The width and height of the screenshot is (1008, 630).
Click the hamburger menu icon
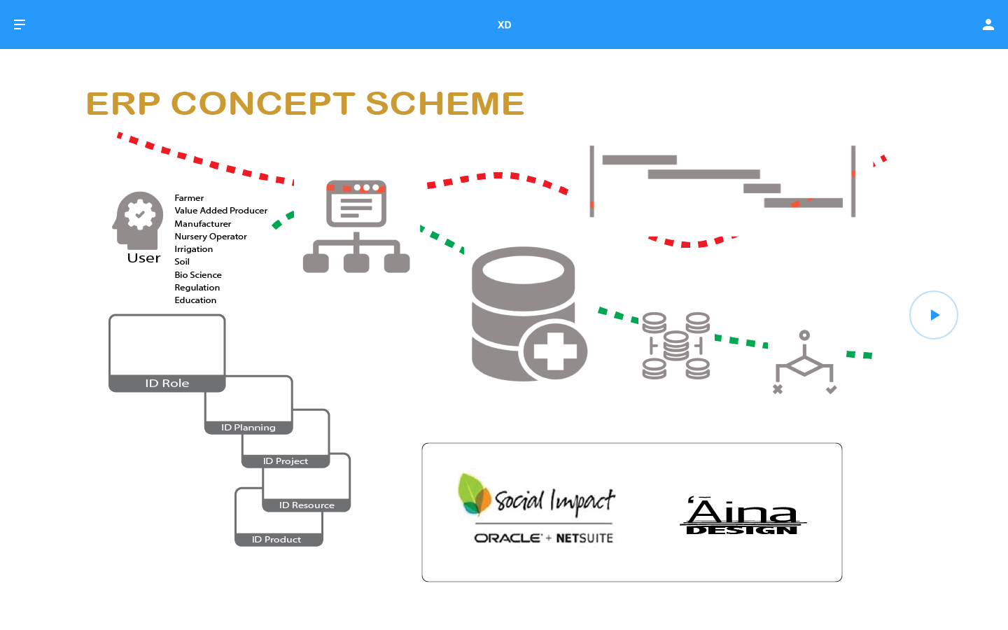pos(20,24)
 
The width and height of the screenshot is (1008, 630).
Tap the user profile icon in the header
pos(988,24)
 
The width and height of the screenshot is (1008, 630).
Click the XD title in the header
pos(504,24)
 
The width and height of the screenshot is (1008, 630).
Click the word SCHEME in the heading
pos(444,104)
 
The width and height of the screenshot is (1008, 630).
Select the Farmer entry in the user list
pos(189,198)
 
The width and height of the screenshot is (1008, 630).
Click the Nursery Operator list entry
pos(211,237)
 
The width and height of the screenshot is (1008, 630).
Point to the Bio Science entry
pos(198,275)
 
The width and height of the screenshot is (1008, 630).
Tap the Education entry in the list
pos(195,300)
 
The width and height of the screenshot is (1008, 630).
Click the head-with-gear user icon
pos(139,218)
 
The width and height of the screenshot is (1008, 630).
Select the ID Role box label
pos(167,384)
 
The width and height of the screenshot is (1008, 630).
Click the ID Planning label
pos(248,428)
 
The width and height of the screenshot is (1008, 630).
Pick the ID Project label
pos(286,461)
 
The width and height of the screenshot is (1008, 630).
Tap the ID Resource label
pos(307,505)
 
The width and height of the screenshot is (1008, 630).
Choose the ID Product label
pos(276,540)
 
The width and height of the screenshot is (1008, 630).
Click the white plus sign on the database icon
pos(555,351)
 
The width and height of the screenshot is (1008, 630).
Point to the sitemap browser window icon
pos(356,204)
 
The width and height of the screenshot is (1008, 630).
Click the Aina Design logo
pos(742,516)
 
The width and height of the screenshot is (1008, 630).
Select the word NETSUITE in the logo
pos(584,538)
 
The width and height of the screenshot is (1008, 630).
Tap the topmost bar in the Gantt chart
pos(639,160)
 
